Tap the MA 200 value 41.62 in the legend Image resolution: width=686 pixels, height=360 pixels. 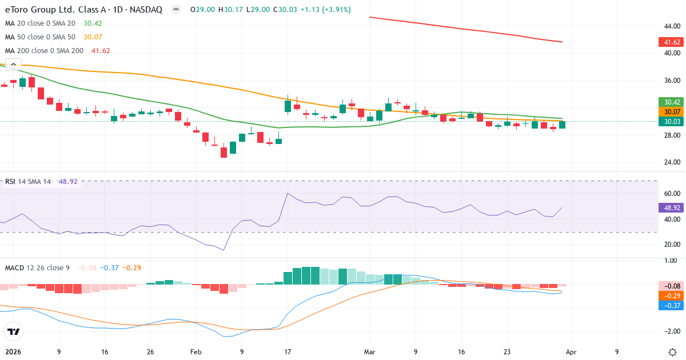(x=101, y=51)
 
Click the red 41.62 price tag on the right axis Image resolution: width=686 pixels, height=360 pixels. (x=668, y=42)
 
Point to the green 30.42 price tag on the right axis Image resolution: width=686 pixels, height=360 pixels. (x=668, y=102)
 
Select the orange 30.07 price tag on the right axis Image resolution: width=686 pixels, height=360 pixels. (x=668, y=112)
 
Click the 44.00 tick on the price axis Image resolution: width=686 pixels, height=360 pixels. (x=671, y=26)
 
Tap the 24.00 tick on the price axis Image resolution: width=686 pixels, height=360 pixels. (x=671, y=162)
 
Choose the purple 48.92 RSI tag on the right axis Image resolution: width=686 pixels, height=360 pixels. (x=668, y=207)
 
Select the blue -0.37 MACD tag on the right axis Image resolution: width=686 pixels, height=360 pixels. (x=668, y=306)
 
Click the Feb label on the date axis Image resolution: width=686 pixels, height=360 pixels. (x=196, y=352)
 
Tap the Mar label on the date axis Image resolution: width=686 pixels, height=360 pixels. (x=370, y=352)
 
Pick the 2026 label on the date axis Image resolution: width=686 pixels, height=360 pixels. (x=14, y=352)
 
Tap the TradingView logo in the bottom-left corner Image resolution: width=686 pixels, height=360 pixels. (x=13, y=331)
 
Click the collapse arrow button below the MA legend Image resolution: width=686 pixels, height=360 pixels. (x=13, y=65)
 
